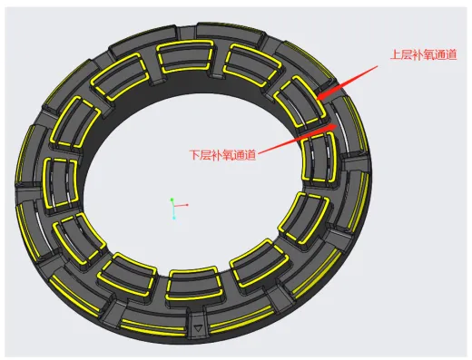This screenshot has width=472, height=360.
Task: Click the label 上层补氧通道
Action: point(423,54)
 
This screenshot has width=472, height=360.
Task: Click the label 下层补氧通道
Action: point(222,155)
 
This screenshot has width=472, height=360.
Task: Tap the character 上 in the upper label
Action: point(396,54)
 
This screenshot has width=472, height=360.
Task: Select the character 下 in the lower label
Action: point(195,155)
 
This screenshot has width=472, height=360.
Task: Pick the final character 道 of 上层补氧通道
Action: point(451,54)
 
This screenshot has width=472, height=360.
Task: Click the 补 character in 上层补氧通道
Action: point(418,54)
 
